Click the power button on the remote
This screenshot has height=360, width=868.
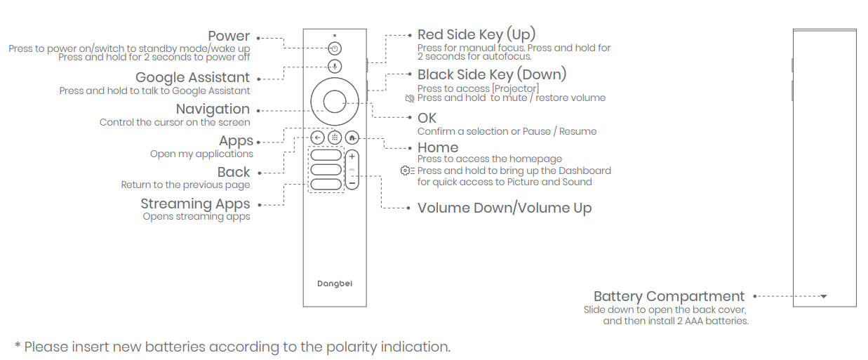coord(335,48)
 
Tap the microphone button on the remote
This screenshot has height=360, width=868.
coord(335,66)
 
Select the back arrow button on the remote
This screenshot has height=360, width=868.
coord(317,138)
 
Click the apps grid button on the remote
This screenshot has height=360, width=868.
coord(335,138)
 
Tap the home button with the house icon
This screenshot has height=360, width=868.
coord(352,138)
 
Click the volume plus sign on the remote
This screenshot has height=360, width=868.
coord(352,157)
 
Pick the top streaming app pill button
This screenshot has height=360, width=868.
coord(326,155)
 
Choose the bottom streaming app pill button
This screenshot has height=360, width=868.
coord(326,184)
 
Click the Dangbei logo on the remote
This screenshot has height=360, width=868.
coord(335,284)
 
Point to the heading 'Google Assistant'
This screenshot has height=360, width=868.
coord(192,77)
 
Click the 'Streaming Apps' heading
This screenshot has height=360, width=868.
coord(195,204)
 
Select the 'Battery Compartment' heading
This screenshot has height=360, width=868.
coord(669,296)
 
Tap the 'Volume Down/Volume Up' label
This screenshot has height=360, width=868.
coord(505,208)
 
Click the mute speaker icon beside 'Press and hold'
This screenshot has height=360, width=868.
coord(410,98)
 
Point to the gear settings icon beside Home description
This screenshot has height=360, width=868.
coord(407,171)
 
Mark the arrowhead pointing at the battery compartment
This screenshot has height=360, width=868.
coord(824,296)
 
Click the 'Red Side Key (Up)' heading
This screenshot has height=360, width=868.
coord(476,34)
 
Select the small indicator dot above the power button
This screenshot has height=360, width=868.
coord(335,36)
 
